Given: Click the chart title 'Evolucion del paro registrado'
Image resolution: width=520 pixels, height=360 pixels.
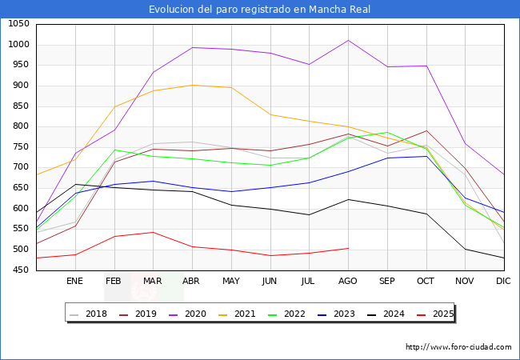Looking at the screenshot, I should pos(260,10).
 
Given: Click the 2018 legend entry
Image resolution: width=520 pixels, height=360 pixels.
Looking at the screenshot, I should pos(90,314).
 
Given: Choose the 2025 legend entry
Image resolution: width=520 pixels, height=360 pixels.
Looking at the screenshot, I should pos(434,314).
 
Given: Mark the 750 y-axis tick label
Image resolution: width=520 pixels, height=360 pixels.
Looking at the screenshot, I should pos(19,147).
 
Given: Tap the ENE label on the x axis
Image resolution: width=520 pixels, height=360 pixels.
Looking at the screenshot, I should pos(74,281).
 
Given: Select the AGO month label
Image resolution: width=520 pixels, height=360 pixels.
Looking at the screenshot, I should pos(348,281).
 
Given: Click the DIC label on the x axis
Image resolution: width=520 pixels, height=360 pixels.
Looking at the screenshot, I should pos(503,281).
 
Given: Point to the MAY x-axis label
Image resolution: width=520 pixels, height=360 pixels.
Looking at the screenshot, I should pos(230,281).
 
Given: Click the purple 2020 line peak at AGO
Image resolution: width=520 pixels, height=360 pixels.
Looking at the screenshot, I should pos(348,40).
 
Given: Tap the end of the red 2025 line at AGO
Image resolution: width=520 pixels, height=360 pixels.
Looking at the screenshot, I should pos(348,248).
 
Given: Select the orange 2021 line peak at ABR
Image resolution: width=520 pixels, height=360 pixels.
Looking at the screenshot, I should pos(192,85).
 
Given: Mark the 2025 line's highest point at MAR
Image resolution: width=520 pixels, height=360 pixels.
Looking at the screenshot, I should pos(153,232).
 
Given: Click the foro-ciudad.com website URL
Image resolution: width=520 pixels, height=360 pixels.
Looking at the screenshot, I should pos(458,347).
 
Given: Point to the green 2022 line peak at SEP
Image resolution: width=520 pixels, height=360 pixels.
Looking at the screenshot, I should pos(387,133).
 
